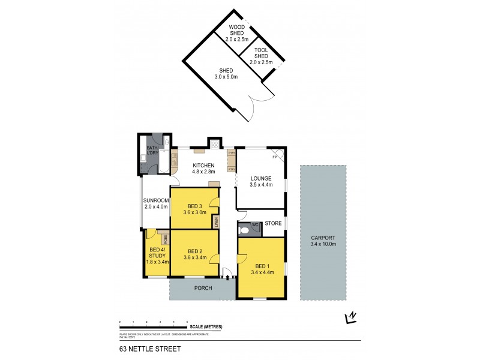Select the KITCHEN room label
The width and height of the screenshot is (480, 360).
coord(203,166)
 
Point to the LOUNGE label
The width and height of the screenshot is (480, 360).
coord(261,178)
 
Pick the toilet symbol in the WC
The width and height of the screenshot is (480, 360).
coord(244,230)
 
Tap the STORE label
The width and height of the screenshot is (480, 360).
coord(273,224)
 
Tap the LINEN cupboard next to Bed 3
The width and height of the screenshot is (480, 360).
coord(215,222)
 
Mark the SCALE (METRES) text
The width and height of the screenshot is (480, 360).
coord(206,326)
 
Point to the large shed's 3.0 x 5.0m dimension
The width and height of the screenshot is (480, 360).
coord(226,77)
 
